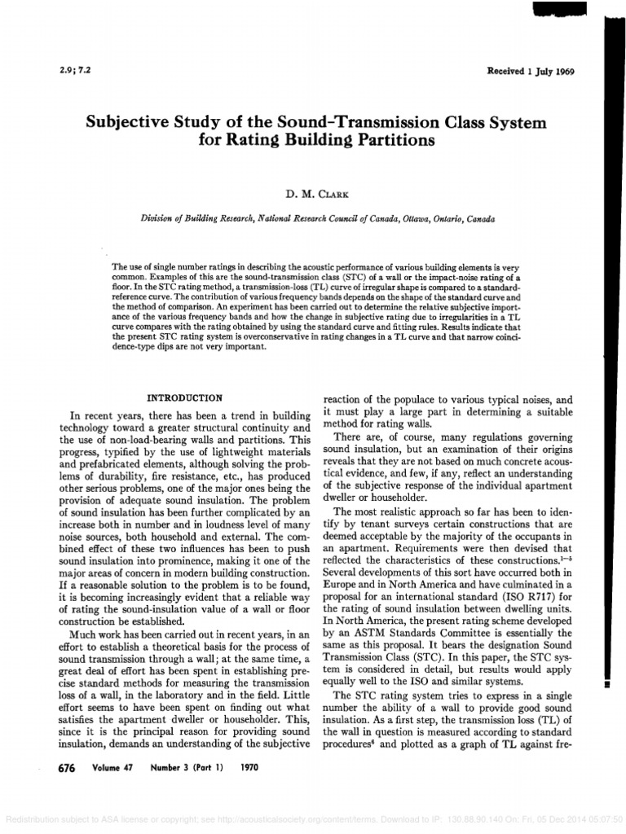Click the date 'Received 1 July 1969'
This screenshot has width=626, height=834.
click(531, 72)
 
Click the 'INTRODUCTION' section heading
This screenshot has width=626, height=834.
click(183, 398)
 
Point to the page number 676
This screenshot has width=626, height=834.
click(62, 768)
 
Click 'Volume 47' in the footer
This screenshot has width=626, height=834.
click(106, 768)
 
